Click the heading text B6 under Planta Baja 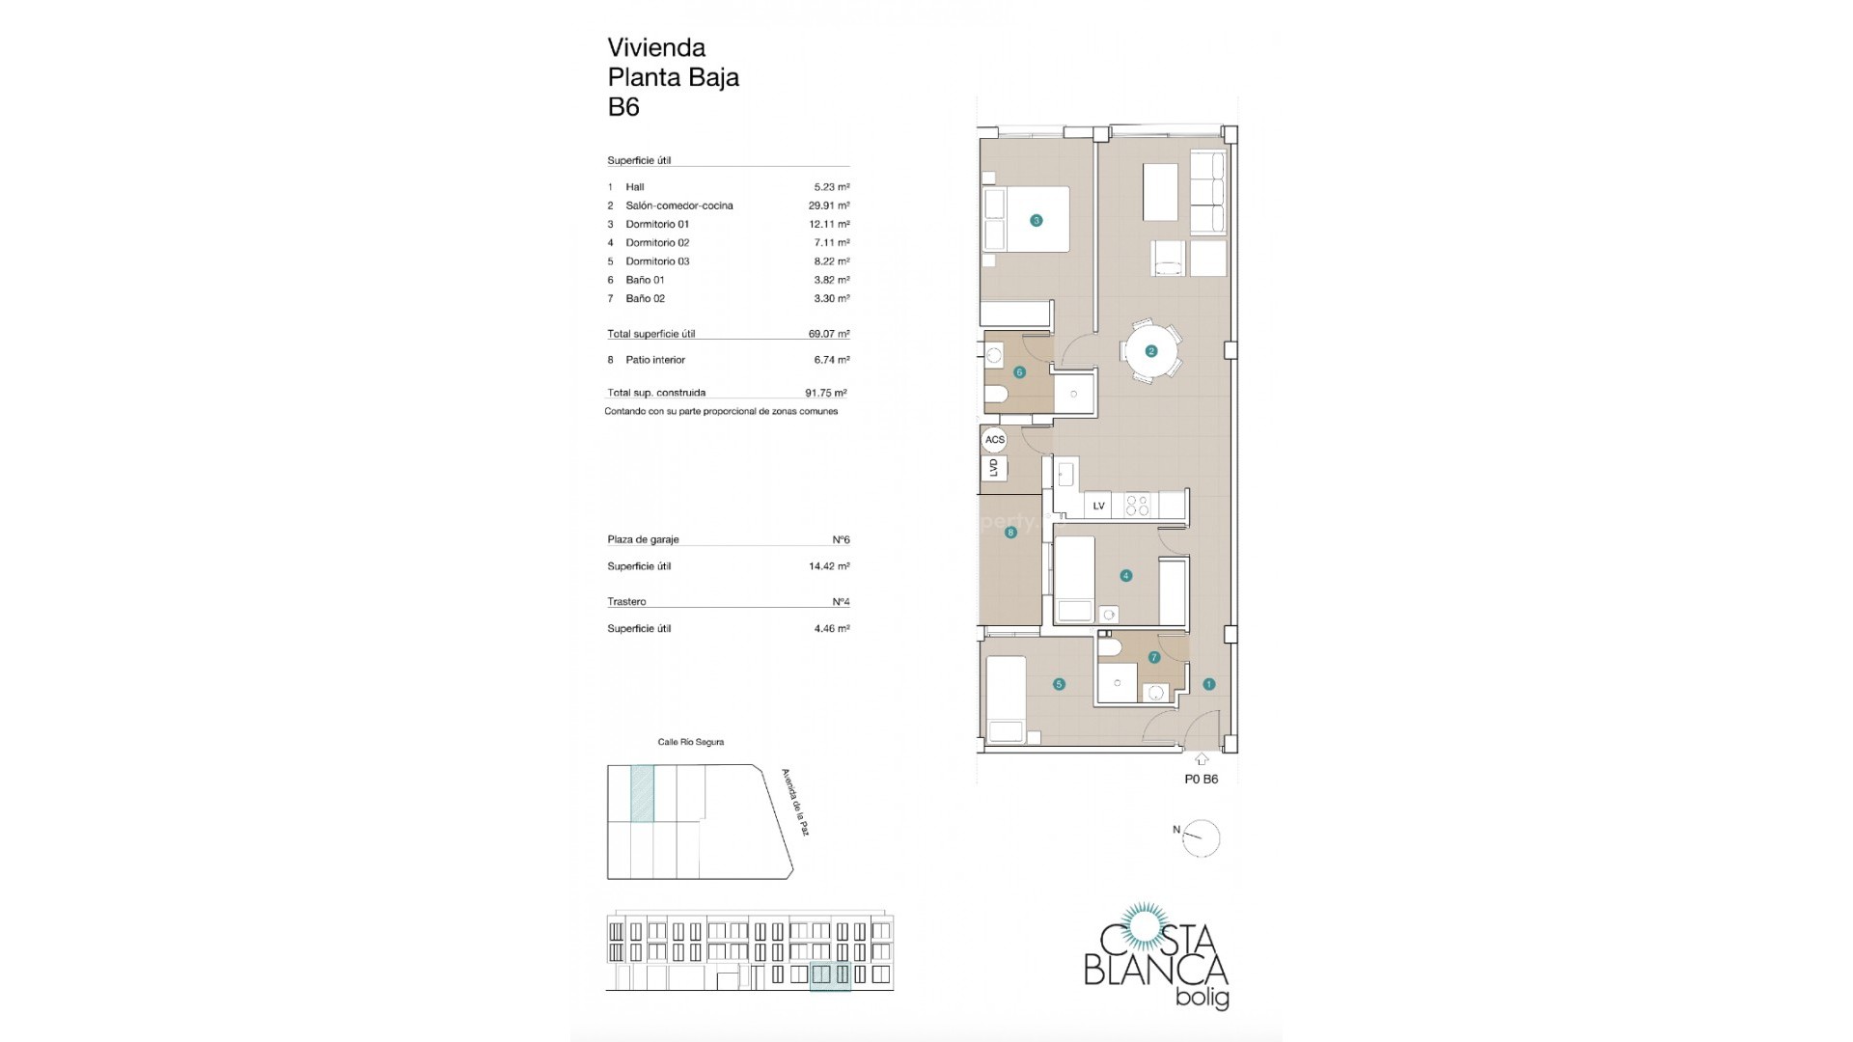tap(623, 107)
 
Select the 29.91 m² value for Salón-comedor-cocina tap(829, 206)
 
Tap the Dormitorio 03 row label tap(657, 261)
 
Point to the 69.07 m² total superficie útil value tap(829, 334)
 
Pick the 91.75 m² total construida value tap(826, 393)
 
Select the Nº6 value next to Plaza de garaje tap(841, 540)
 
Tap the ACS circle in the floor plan tap(994, 440)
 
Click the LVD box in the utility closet tap(994, 468)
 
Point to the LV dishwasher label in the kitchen tap(1098, 506)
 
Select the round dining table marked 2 tap(1150, 351)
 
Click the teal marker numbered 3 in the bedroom tap(1037, 221)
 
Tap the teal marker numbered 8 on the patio tap(1010, 533)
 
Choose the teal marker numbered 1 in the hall tap(1208, 684)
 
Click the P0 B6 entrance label tap(1201, 780)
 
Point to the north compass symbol tap(1200, 837)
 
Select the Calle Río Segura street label tap(690, 742)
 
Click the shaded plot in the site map tap(642, 793)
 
